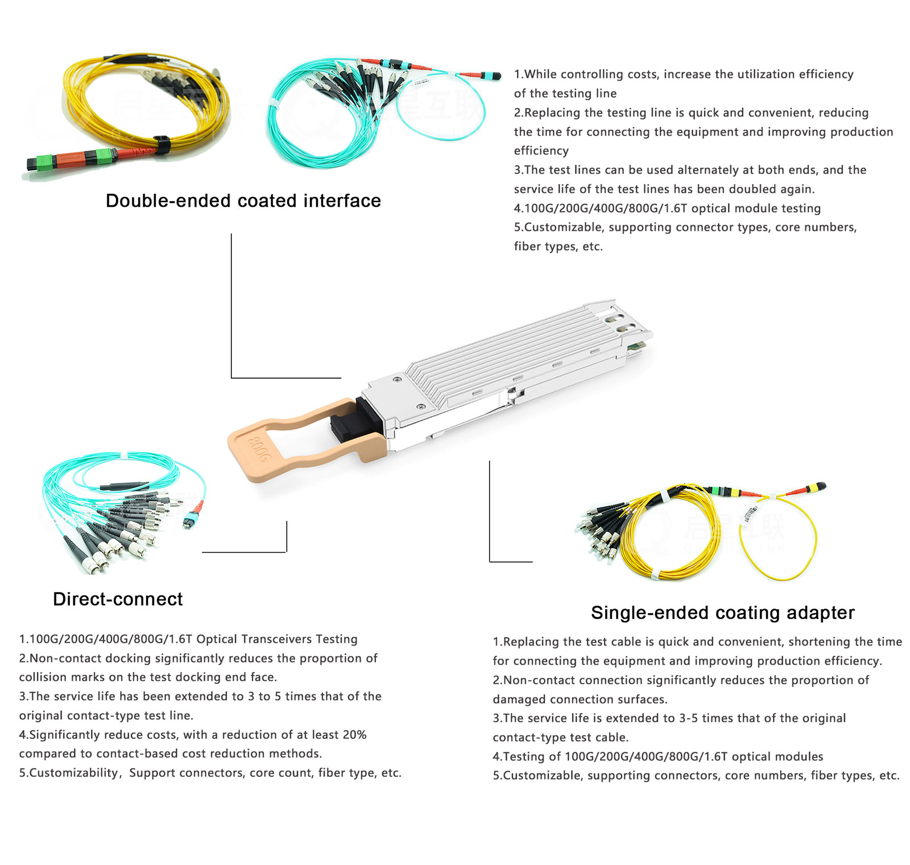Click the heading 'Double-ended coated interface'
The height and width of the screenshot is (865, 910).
point(243,201)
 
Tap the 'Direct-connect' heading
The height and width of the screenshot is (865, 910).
point(118,599)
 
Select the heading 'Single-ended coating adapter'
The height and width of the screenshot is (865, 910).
point(722,612)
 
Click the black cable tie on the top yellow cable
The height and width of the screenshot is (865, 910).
point(162,145)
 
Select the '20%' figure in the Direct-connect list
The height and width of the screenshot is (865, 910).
point(354,735)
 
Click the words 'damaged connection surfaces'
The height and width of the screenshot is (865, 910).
point(580,700)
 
